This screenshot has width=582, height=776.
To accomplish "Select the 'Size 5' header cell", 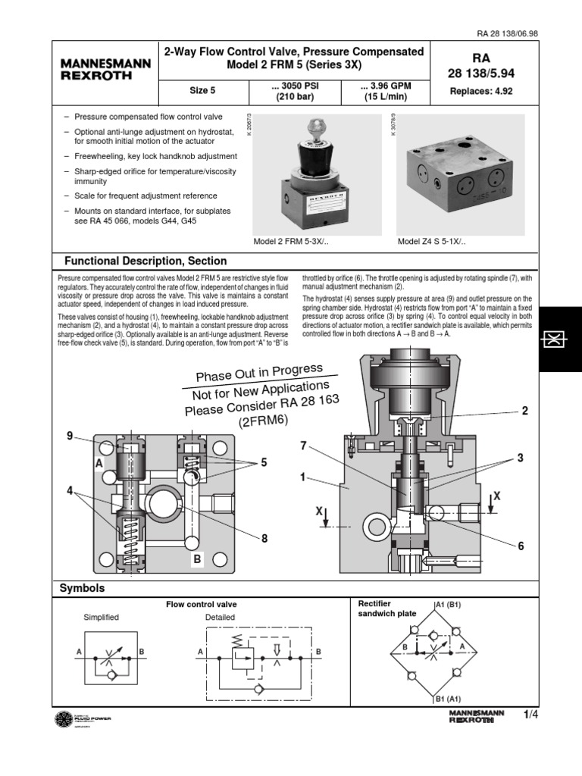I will (x=202, y=91).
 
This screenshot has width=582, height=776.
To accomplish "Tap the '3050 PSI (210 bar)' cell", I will (x=295, y=91).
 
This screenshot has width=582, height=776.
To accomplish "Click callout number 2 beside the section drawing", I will (x=524, y=411).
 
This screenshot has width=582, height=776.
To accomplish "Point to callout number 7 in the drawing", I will (x=303, y=446).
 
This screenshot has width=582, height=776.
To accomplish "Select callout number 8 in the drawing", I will (x=264, y=538).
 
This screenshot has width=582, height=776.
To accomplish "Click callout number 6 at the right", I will (x=521, y=546).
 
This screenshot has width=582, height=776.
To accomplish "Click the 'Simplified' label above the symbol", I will (x=101, y=617).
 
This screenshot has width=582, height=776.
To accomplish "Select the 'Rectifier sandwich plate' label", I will (x=384, y=608).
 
